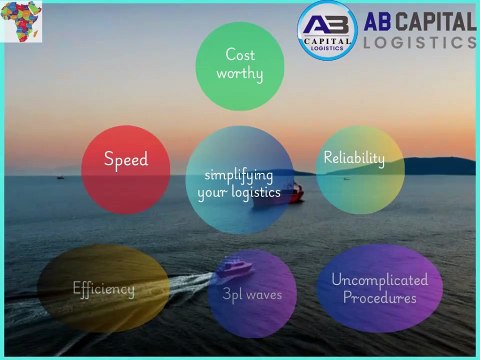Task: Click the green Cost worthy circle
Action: tap(240, 65)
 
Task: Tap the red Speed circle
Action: tap(126, 168)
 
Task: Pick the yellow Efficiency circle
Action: tap(103, 289)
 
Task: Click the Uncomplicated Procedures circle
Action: tap(379, 288)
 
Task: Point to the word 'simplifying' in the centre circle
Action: tap(240, 176)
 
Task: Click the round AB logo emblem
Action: tap(328, 29)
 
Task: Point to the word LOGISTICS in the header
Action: tap(419, 42)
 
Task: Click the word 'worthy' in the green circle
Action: tap(240, 74)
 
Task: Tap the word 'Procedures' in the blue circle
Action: tap(379, 297)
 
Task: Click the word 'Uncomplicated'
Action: tap(379, 279)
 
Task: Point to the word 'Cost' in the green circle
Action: tap(240, 55)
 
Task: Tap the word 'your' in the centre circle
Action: tap(214, 195)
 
